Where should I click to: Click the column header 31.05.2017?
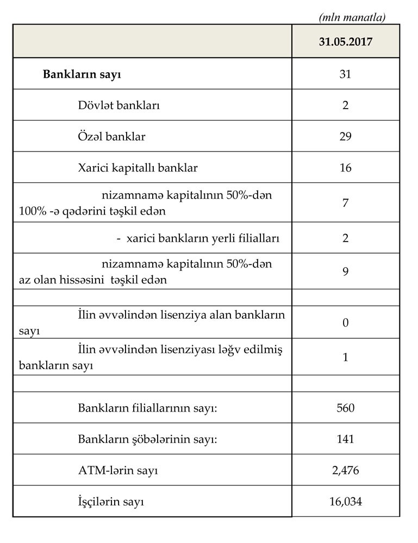coord(346,41)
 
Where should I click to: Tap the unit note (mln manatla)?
coord(352,17)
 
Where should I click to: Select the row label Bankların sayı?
coord(82,74)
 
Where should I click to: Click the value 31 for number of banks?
coord(346,74)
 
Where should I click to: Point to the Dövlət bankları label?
coord(118,105)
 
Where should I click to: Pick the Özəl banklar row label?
coord(111,136)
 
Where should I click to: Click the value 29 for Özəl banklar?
coord(346,136)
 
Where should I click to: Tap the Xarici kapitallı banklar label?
coord(138,168)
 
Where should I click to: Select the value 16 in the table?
coord(346,168)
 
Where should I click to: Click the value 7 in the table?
coord(346,203)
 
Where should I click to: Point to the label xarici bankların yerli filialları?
coord(198,238)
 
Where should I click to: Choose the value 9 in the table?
coord(346,271)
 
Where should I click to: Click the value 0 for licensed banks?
coord(346,323)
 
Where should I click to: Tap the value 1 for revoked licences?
coord(346,357)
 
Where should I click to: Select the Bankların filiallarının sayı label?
coord(147,407)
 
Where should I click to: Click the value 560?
coord(346,407)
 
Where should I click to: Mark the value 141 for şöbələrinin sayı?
coord(346,439)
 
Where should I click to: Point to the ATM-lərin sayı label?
coord(118,470)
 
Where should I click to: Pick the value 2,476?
coord(346,470)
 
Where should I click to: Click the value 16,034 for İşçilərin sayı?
coord(346,502)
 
